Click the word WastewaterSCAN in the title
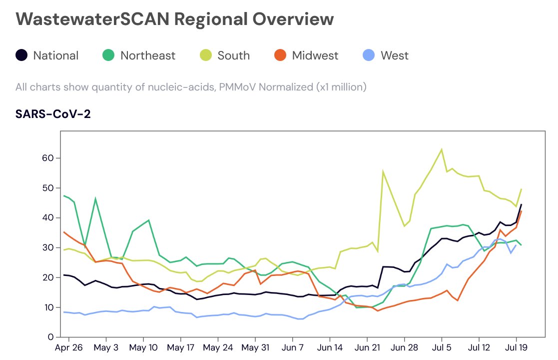[92, 19]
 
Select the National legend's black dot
[21, 55]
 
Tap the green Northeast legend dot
[108, 55]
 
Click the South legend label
[233, 55]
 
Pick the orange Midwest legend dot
[280, 55]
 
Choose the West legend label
[394, 55]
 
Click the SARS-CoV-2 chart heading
[53, 114]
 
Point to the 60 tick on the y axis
[47, 158]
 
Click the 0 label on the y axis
[50, 337]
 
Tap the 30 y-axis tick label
[47, 247]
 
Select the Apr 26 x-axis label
[68, 347]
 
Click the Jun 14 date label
[330, 347]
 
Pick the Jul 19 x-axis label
[517, 347]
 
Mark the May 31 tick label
[255, 347]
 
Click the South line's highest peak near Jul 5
[442, 149]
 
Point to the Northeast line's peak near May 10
[148, 220]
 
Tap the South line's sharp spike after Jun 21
[383, 171]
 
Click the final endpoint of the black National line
[522, 204]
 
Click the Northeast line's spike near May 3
[95, 198]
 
